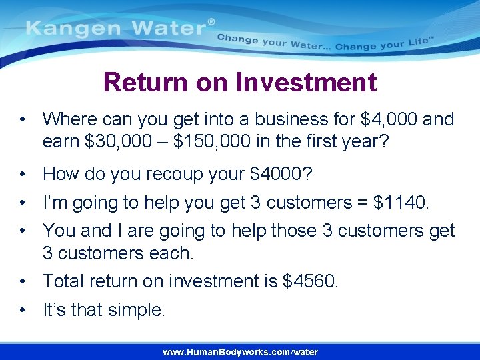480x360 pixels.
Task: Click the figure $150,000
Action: point(221,142)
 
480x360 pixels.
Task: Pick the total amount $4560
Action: point(311,281)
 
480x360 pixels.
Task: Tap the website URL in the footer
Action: point(240,352)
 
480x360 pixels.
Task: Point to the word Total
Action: point(63,281)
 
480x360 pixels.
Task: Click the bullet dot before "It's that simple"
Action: point(23,310)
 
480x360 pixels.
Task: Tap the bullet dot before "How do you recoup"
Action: point(23,174)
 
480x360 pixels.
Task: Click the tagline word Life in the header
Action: point(417,44)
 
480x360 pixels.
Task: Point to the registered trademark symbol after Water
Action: point(211,22)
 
